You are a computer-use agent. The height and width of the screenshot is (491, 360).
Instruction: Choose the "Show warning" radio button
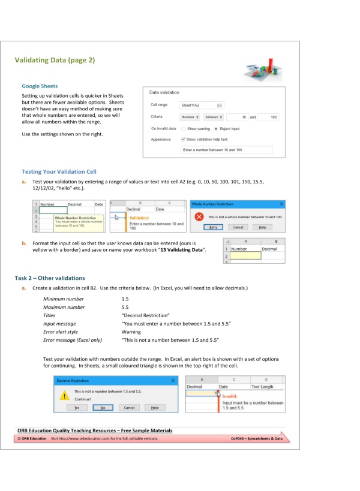tap(184, 128)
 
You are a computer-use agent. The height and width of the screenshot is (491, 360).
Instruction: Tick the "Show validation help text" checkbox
tap(184, 138)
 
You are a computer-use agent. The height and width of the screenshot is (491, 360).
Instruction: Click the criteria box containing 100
tap(268, 117)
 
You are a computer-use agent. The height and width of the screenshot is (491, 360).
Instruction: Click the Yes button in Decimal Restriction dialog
tap(76, 408)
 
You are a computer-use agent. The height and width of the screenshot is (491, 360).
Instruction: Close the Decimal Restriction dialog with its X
tap(173, 381)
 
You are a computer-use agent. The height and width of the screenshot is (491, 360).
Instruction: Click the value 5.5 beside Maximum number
tap(125, 307)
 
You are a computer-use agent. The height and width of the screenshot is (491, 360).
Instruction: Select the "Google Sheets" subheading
tap(40, 86)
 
